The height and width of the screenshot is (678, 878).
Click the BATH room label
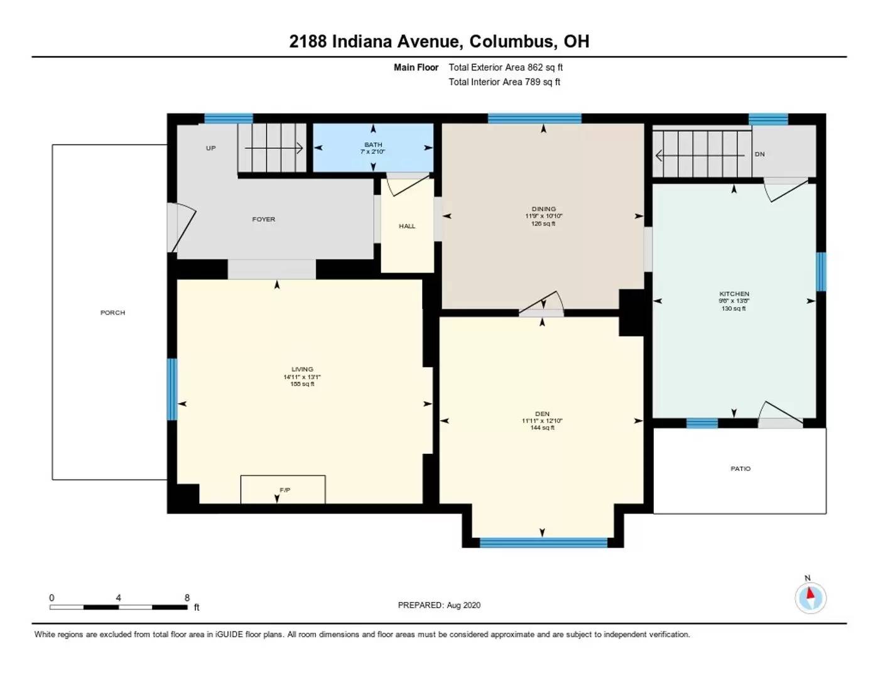click(373, 145)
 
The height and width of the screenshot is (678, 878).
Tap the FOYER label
click(263, 220)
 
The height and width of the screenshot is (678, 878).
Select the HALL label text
click(407, 226)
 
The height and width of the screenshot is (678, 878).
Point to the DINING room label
click(543, 209)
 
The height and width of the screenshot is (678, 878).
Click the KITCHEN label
click(734, 294)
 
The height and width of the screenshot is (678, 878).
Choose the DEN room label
click(542, 414)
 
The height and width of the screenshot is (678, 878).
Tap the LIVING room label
click(302, 370)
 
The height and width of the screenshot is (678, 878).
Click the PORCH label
click(112, 313)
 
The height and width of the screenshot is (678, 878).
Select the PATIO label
click(740, 469)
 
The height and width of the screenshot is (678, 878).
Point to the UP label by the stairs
click(210, 148)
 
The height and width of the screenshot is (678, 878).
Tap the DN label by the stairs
click(759, 154)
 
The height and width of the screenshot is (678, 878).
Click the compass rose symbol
click(810, 597)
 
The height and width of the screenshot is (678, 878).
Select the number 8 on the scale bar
click(187, 598)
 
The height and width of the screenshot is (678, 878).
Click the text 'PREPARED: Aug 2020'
click(439, 605)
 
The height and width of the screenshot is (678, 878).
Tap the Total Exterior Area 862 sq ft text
click(505, 67)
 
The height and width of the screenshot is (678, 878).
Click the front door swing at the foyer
click(182, 226)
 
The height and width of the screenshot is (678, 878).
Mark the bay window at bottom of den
click(543, 542)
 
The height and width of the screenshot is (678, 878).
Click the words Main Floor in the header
click(416, 67)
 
